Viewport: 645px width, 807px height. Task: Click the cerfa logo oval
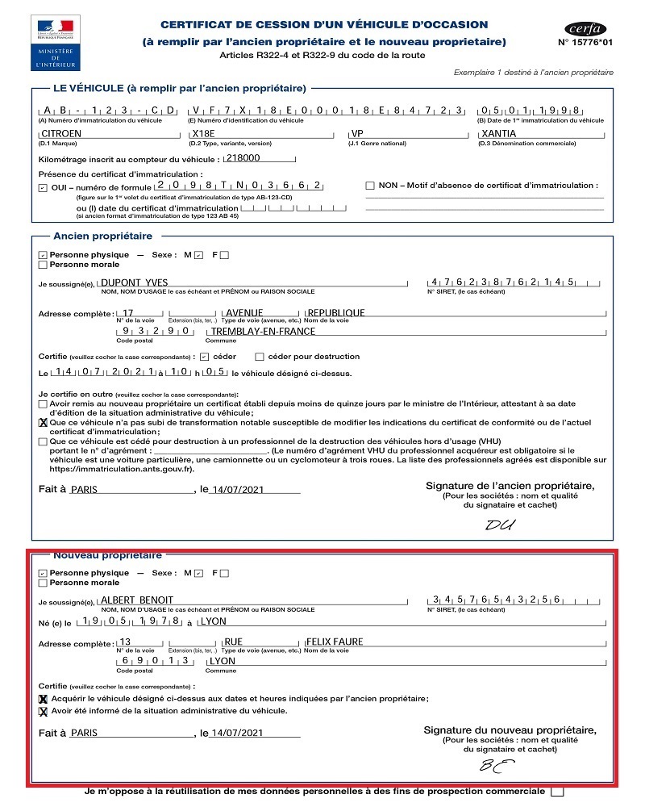(585, 27)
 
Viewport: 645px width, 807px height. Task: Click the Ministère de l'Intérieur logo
(53, 41)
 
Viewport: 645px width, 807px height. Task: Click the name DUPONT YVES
(133, 282)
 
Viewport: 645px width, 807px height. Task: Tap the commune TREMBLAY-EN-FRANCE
(263, 331)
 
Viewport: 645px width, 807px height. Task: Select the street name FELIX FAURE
(335, 642)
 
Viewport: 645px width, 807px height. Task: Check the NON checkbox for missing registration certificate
(370, 186)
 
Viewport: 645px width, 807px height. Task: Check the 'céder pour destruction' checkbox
(260, 356)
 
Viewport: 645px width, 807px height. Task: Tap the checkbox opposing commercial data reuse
(557, 792)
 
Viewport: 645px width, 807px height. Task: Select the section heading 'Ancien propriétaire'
(102, 236)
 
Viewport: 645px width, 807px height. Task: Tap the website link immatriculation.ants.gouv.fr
(122, 468)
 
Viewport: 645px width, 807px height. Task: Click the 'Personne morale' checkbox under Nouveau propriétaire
(43, 582)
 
